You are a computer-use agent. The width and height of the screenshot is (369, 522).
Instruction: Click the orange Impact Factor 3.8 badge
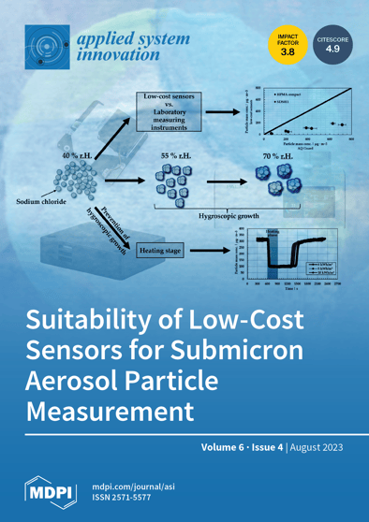285,47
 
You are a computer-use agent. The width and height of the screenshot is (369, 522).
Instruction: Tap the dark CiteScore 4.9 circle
332,47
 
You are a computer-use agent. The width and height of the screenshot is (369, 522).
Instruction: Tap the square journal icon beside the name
44,47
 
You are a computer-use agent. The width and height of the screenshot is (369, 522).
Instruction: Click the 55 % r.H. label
175,152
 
